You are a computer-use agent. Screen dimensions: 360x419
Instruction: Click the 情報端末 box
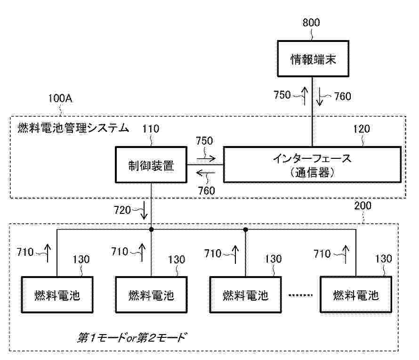coord(313,59)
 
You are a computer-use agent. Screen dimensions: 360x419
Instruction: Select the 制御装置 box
coord(151,165)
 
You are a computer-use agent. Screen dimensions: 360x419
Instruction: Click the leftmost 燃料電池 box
coord(57,295)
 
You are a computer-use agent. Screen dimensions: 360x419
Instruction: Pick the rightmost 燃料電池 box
coord(355,295)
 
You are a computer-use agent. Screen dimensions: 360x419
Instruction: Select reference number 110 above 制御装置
coord(152,128)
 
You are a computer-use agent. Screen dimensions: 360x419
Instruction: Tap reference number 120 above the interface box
coord(361,128)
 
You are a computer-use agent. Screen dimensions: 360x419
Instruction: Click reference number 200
coord(363,205)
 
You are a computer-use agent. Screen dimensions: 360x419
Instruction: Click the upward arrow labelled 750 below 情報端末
coord(304,96)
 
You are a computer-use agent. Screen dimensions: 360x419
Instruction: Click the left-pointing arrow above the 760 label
coord(206,175)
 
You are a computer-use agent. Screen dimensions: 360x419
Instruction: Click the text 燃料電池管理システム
coord(73,128)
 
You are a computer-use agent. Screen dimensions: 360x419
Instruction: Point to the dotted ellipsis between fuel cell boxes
coord(300,296)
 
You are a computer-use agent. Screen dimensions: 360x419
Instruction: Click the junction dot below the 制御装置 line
coord(151,229)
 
